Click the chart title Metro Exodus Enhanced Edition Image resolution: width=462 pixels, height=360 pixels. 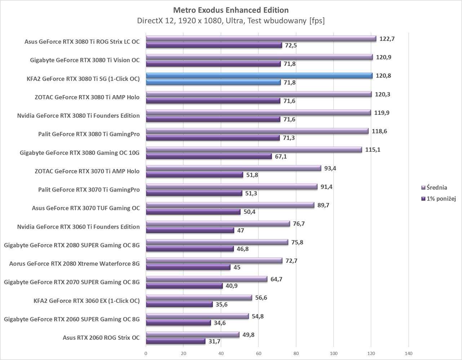[231, 10]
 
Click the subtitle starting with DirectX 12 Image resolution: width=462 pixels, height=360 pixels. [231, 21]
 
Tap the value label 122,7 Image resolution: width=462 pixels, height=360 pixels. [387, 39]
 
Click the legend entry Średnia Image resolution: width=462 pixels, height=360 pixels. [436, 188]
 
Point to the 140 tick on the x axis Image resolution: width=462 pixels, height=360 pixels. [409, 353]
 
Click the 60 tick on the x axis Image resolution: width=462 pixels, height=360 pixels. [258, 353]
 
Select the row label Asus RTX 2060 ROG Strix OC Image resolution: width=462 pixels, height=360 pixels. [101, 338]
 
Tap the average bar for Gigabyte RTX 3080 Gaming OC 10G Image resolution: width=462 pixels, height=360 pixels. [254, 150]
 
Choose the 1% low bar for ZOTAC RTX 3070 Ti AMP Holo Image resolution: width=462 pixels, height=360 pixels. [194, 175]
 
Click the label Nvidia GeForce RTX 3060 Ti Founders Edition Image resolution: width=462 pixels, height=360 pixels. [78, 227]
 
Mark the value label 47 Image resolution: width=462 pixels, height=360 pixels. [240, 230]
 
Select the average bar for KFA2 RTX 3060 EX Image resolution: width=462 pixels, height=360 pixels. [199, 298]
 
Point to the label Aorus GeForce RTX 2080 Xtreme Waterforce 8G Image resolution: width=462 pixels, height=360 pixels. [74, 264]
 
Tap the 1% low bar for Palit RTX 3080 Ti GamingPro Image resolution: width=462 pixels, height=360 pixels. [213, 138]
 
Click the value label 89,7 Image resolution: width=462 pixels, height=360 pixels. [323, 205]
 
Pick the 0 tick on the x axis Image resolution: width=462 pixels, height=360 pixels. [146, 353]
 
